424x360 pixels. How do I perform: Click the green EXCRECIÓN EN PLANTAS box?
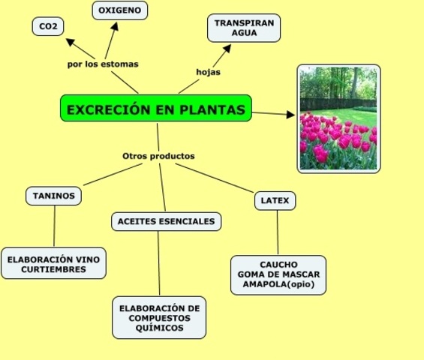(156, 109)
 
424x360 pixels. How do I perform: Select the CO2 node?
(48, 27)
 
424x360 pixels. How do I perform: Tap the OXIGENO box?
(120, 10)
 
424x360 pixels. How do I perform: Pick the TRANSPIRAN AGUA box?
(245, 28)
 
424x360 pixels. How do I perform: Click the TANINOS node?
(54, 196)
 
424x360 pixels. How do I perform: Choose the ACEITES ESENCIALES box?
(167, 221)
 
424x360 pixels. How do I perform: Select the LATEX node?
(275, 200)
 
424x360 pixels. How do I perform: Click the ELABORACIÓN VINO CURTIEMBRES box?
(53, 264)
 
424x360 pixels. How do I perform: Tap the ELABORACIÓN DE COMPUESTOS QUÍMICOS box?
(159, 318)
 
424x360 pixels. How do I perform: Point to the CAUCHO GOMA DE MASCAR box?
(278, 275)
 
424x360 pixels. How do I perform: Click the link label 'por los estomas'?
(103, 64)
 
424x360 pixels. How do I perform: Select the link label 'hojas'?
(208, 72)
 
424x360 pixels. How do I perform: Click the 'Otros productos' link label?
(158, 156)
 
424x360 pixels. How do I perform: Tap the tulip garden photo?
(338, 118)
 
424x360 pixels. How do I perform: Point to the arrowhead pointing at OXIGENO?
(116, 26)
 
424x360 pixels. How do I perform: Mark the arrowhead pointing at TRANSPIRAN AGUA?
(227, 48)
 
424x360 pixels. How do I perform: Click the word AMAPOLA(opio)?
(278, 285)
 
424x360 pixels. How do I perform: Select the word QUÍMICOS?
(159, 328)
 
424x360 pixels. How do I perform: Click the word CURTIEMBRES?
(53, 269)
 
